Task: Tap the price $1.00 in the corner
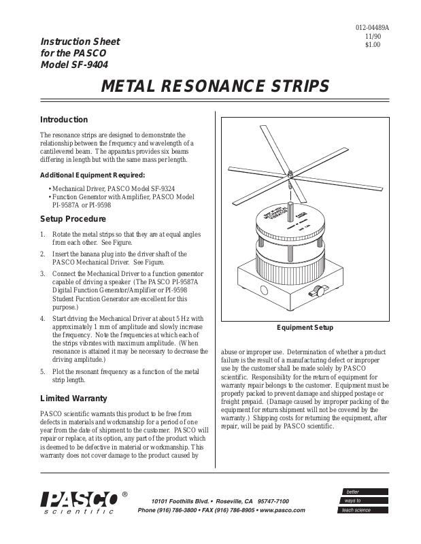[x=373, y=45]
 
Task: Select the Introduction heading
[x=64, y=120]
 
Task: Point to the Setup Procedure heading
[x=73, y=219]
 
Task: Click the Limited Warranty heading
[x=73, y=398]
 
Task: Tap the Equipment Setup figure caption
[x=304, y=328]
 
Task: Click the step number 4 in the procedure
[x=43, y=318]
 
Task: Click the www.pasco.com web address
[x=282, y=509]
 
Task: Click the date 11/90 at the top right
[x=373, y=36]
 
